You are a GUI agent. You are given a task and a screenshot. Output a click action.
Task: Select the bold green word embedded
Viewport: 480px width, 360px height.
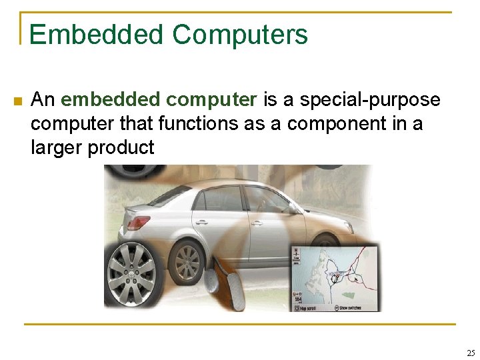point(110,100)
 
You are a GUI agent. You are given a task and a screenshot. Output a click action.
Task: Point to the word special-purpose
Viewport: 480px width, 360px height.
point(369,100)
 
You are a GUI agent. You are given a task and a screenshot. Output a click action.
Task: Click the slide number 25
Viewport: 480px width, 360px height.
point(471,353)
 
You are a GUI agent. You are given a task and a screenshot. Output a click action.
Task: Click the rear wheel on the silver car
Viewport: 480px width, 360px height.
point(187,261)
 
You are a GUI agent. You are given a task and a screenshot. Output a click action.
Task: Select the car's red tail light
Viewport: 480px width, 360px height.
point(136,221)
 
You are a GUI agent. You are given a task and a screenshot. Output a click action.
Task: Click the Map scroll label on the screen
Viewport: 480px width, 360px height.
point(307,307)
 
